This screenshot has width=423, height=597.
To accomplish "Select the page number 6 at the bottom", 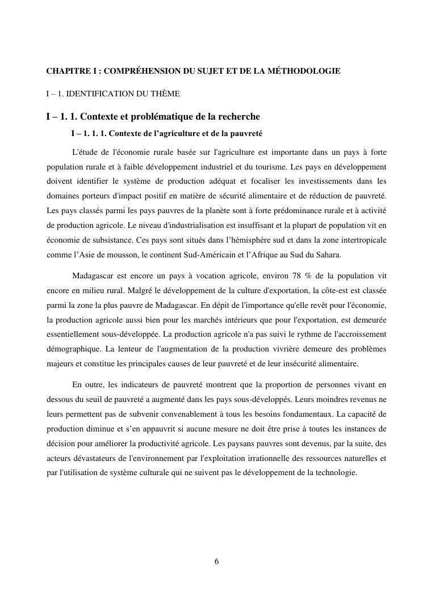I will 216,562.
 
